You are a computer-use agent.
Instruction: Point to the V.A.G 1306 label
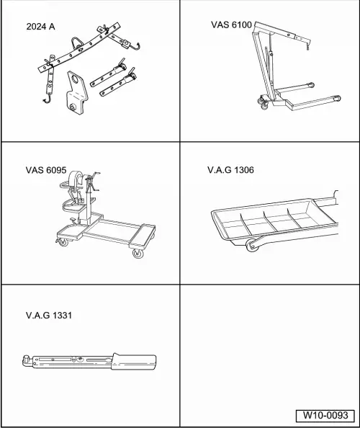click(230, 171)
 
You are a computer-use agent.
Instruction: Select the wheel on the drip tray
click(253, 249)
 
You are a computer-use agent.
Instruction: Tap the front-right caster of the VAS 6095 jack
click(136, 254)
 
